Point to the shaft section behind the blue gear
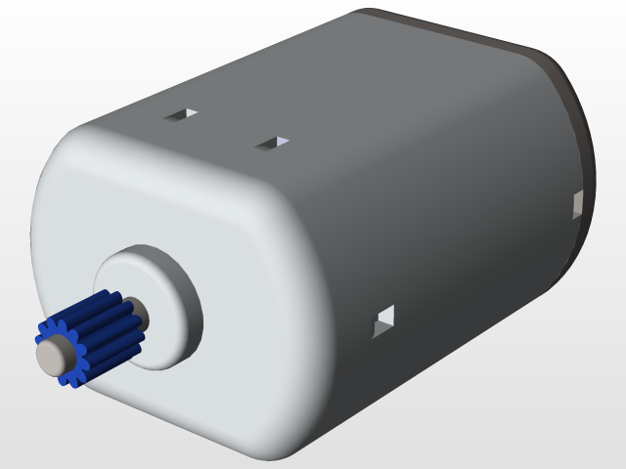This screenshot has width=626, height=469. pos(136,315)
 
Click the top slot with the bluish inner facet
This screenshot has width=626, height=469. pos(272,144)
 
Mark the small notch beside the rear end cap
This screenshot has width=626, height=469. pos(576,204)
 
